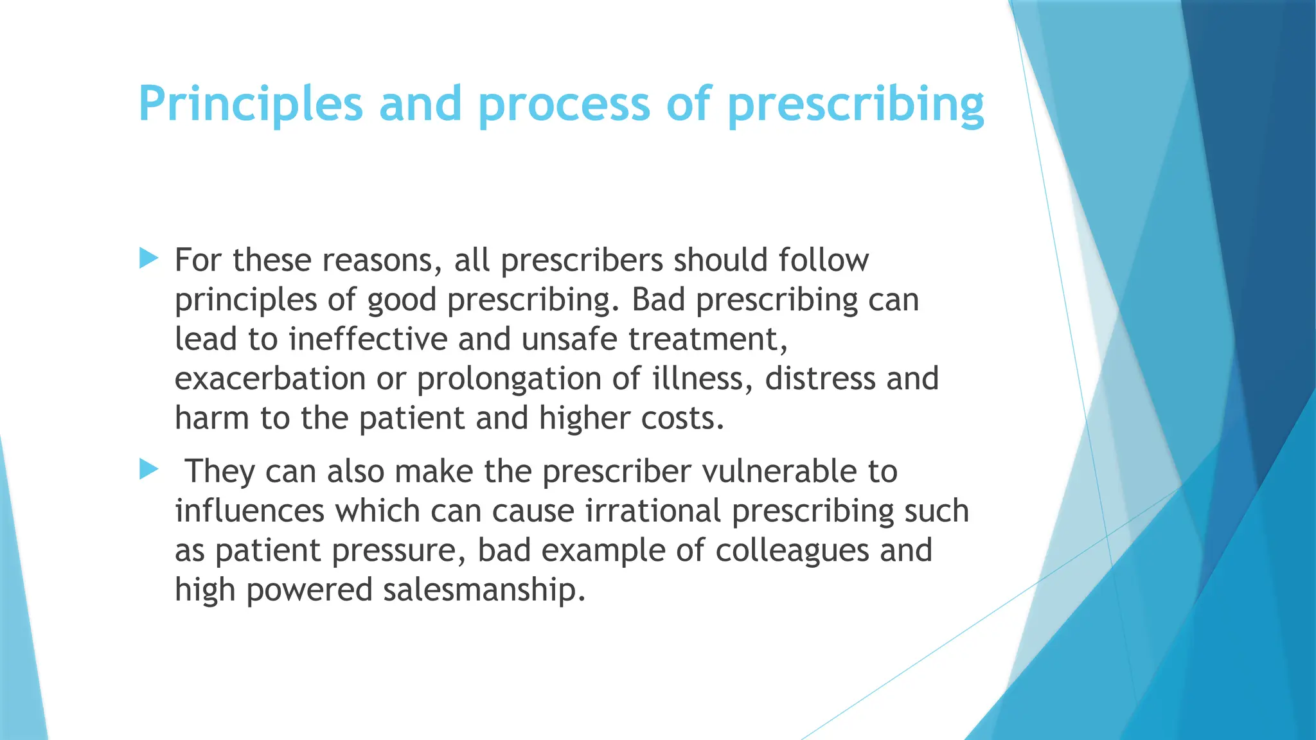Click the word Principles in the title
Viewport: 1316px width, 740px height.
[251, 104]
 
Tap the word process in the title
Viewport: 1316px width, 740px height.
[564, 104]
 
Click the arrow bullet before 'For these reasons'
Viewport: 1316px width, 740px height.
[148, 260]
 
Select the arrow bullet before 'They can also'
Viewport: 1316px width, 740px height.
[148, 470]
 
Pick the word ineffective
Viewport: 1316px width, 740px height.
[368, 339]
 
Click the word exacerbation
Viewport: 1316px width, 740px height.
[270, 378]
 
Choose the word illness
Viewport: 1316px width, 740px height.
[702, 378]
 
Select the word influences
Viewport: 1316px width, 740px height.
[249, 511]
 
